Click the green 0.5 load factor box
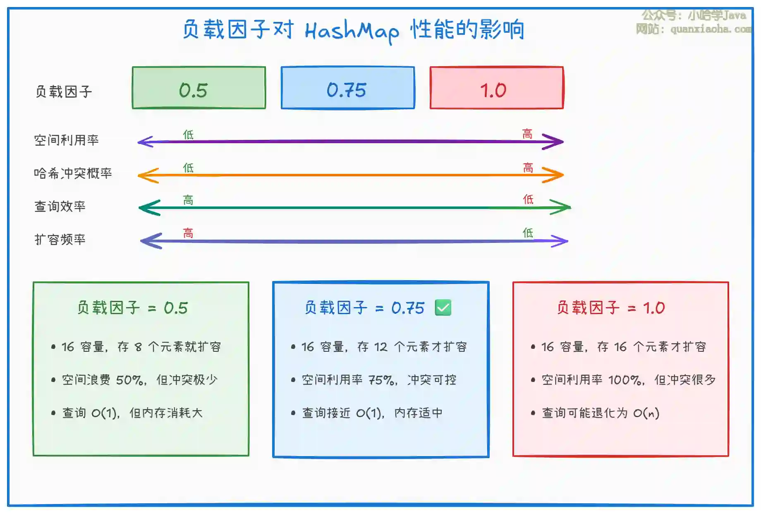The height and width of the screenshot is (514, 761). coord(199,88)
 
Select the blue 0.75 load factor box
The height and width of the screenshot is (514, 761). coord(348,88)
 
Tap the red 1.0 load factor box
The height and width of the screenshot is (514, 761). coord(497,88)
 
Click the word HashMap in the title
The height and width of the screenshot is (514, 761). coord(352,31)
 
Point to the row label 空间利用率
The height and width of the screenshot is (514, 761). coord(67,140)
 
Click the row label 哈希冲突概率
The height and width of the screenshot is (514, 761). coord(73,173)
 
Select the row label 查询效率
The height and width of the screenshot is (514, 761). coord(60,206)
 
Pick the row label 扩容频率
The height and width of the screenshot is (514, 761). coord(60,239)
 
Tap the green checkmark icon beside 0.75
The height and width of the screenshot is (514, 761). coord(443,307)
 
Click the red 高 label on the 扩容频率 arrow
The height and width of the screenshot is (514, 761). coord(188,233)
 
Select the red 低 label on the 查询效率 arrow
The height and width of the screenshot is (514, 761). coord(528,199)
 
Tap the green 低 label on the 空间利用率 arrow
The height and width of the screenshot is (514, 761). coord(188,135)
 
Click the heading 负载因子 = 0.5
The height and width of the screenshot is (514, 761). coord(133,308)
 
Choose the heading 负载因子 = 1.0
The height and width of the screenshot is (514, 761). coord(611,308)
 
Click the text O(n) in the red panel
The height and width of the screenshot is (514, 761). coord(646,413)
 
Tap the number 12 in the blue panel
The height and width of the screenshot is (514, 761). coord(380,347)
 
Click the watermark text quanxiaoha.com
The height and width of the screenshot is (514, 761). coord(711,29)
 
